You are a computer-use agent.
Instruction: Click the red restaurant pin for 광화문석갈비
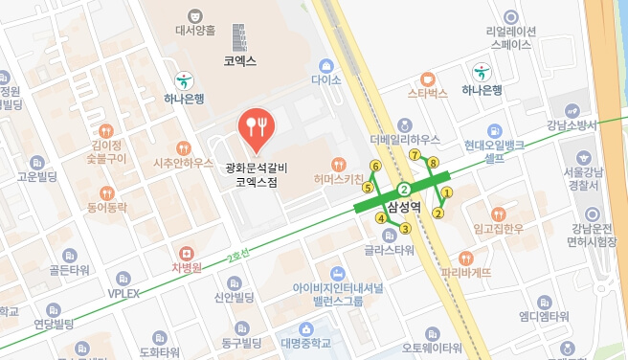[x=257, y=128]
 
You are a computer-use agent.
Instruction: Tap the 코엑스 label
[x=239, y=60]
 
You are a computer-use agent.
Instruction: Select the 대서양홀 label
[x=195, y=31]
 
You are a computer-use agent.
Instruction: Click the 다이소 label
[x=325, y=82]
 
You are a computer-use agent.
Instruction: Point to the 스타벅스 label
[x=428, y=94]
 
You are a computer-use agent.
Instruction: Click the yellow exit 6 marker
[x=375, y=167]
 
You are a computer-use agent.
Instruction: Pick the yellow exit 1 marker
[x=447, y=192]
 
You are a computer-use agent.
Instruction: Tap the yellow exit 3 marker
[x=405, y=228]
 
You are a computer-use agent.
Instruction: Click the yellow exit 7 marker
[x=415, y=154]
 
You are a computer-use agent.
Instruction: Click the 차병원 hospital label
[x=185, y=267]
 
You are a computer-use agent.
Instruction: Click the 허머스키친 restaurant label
[x=337, y=180]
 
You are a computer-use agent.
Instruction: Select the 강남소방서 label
[x=572, y=125]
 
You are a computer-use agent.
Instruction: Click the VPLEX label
[x=123, y=293]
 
